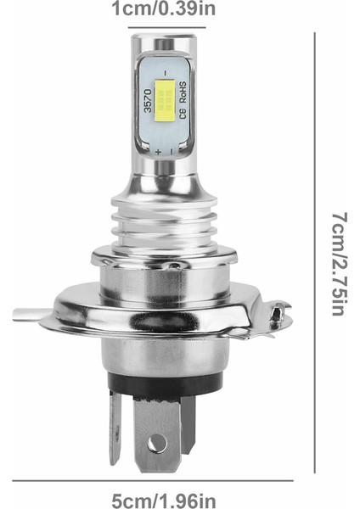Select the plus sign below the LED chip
pyautogui.click(x=158, y=149)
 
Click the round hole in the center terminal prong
pyautogui.click(x=155, y=442)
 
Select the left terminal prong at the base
pyautogui.click(x=115, y=428)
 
